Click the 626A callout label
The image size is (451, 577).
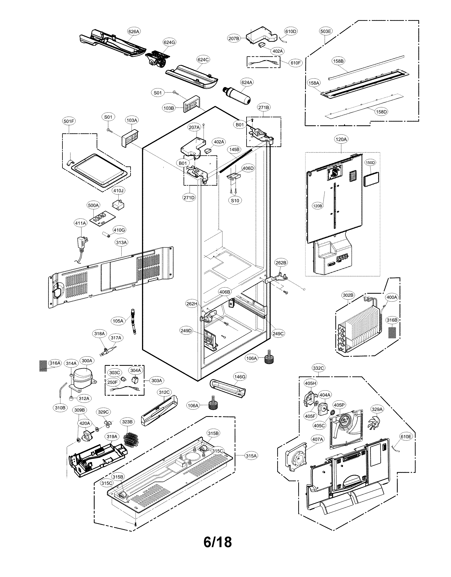134,31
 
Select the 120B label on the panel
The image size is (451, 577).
317,205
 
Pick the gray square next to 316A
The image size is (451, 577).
43,366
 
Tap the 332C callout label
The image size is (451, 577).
318,368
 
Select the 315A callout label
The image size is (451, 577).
251,456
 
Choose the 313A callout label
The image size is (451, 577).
121,242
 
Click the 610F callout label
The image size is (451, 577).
295,63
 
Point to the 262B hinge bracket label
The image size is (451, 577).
281,263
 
